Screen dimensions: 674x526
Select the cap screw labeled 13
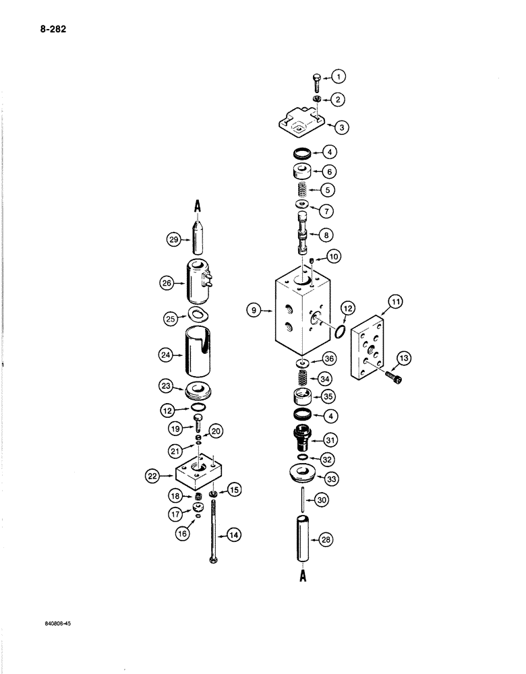pyautogui.click(x=394, y=380)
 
